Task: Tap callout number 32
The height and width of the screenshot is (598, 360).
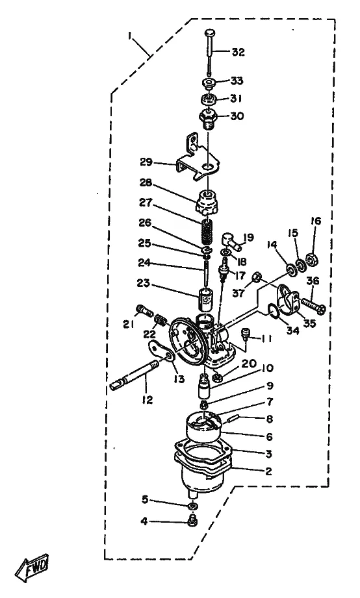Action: click(x=238, y=52)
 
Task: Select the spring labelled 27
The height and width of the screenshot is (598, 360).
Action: click(x=207, y=232)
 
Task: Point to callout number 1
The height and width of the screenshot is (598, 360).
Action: click(x=130, y=36)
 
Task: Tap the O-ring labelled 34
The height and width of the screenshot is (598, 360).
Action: click(x=272, y=313)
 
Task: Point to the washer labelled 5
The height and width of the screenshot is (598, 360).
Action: click(x=193, y=506)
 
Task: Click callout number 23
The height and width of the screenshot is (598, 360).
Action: click(x=144, y=284)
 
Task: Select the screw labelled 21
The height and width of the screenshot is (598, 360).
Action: click(x=143, y=310)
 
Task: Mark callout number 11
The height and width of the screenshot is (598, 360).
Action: click(x=266, y=339)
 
